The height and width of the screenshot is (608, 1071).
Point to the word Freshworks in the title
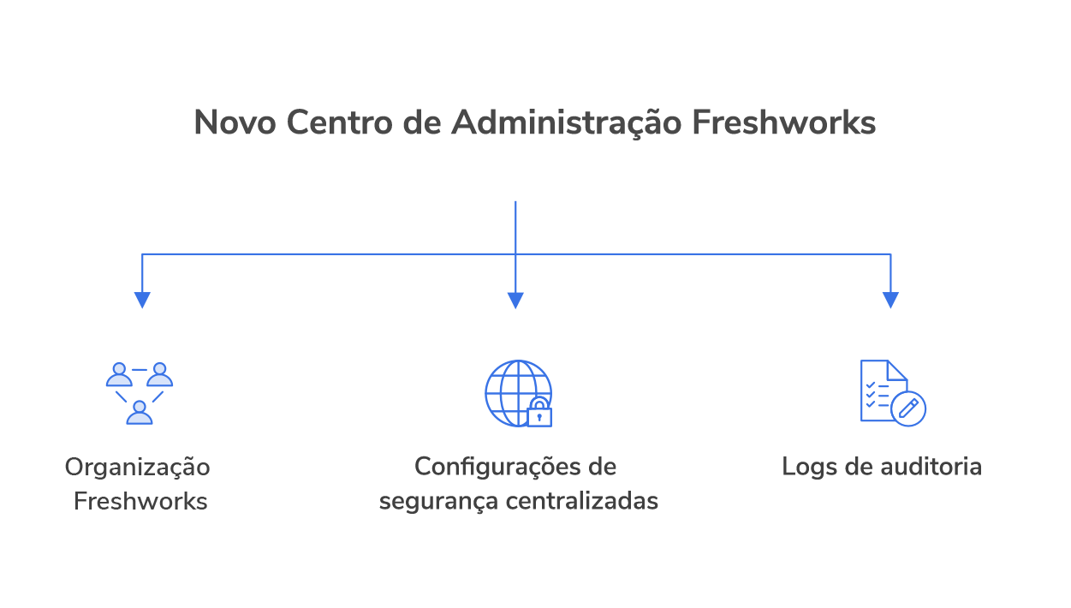pyautogui.click(x=783, y=122)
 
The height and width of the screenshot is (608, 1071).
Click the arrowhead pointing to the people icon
pyautogui.click(x=142, y=300)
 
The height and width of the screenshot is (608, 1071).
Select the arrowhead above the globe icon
pyautogui.click(x=515, y=300)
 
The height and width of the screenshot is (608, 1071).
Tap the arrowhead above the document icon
pyautogui.click(x=890, y=300)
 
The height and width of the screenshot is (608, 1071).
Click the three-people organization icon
pyautogui.click(x=140, y=393)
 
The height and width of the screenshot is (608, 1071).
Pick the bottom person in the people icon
pyautogui.click(x=140, y=413)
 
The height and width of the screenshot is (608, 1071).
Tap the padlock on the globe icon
pyautogui.click(x=539, y=413)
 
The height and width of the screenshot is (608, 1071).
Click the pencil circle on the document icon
pyautogui.click(x=908, y=408)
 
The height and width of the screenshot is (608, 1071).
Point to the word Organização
pyautogui.click(x=138, y=468)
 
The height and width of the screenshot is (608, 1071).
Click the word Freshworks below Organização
pyautogui.click(x=140, y=501)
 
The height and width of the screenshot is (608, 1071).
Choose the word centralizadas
pyautogui.click(x=582, y=501)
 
